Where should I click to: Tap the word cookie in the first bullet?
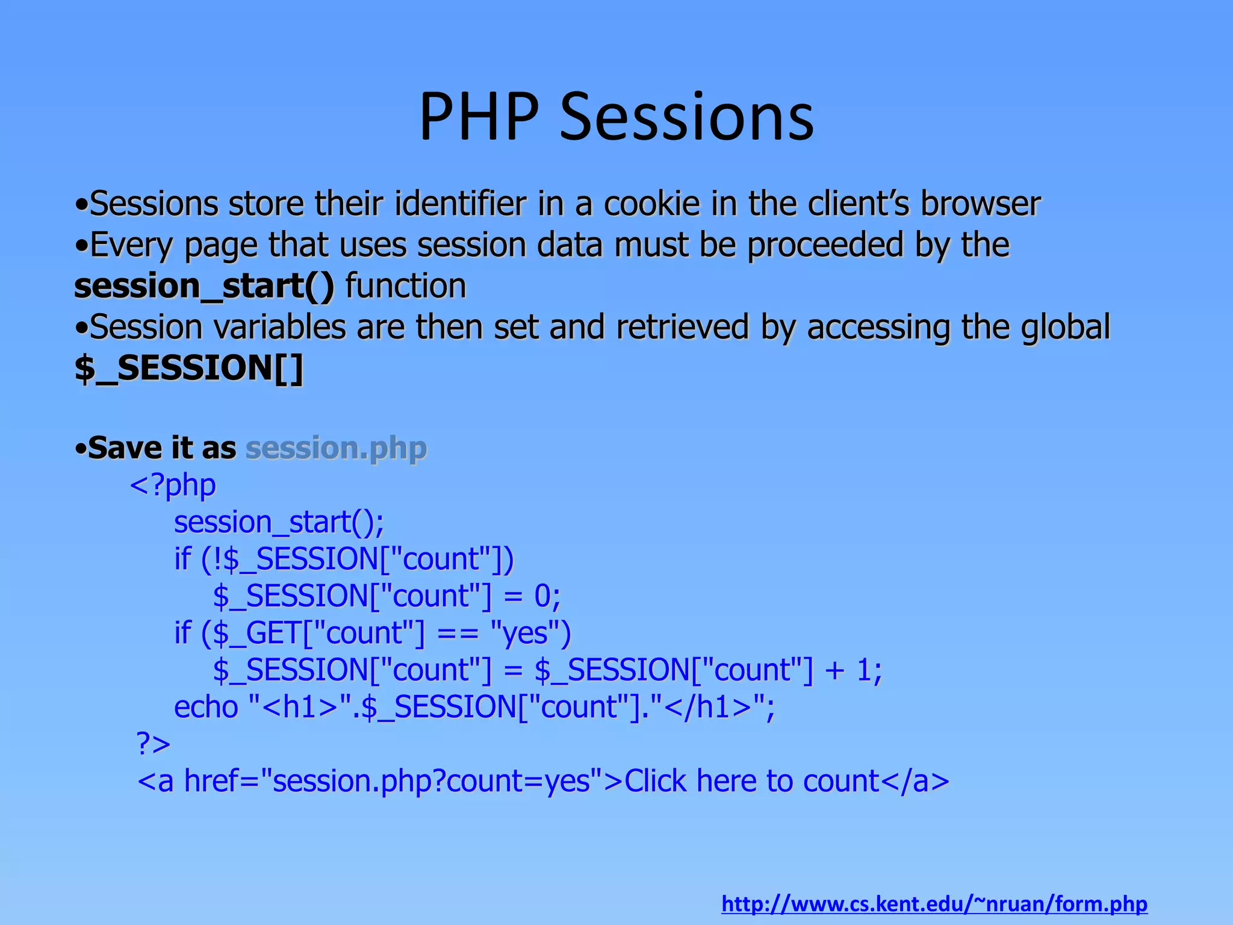click(x=651, y=204)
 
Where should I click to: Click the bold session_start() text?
click(x=203, y=286)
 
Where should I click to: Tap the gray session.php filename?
click(x=336, y=448)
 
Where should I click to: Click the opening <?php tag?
click(x=173, y=485)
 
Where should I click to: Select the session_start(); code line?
click(x=279, y=522)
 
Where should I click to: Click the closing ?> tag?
click(x=154, y=744)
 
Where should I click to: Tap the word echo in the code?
click(x=206, y=707)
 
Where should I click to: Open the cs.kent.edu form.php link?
click(x=934, y=904)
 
